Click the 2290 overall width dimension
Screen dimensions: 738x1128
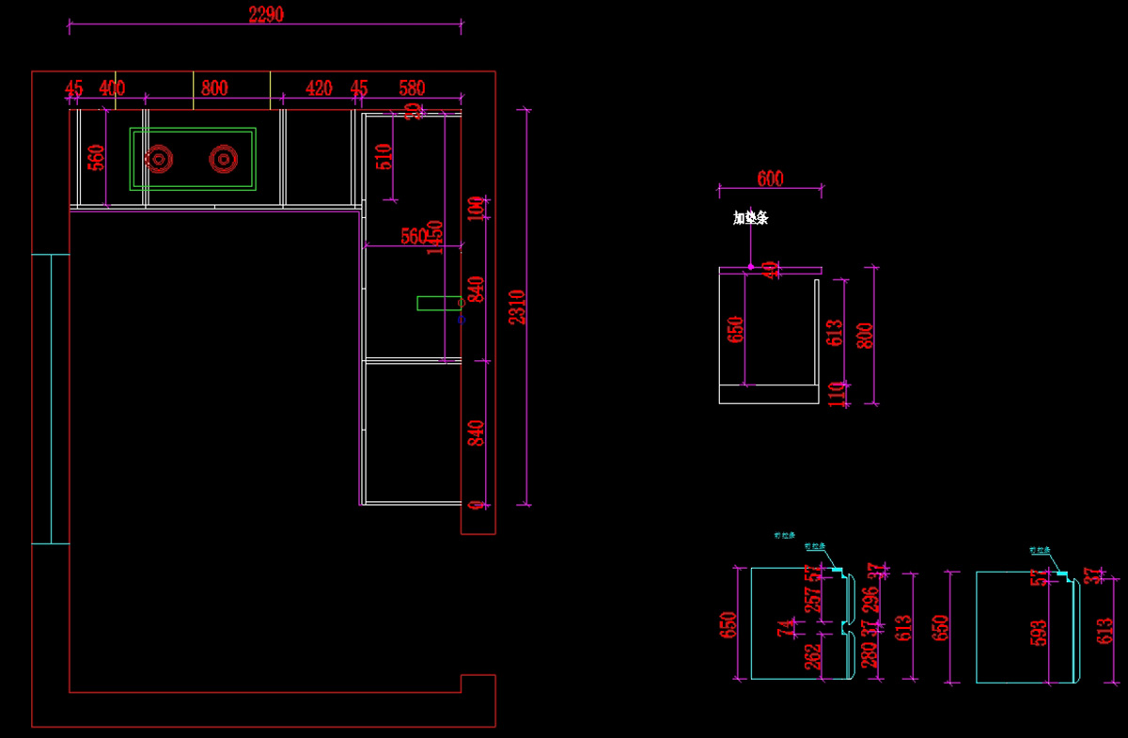[x=266, y=15]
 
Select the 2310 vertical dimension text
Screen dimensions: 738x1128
[x=517, y=306]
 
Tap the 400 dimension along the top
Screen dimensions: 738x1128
[x=112, y=88]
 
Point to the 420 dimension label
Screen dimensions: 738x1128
[x=320, y=88]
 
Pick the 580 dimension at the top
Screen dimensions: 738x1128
[x=412, y=88]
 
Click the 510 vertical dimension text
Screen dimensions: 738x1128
[x=384, y=156]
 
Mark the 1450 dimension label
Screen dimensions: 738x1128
[x=434, y=237]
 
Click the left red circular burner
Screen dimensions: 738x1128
[x=159, y=160]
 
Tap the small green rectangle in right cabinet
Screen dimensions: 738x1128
[x=438, y=303]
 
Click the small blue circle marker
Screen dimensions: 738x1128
[x=462, y=320]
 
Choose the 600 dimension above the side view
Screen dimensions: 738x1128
[x=770, y=179]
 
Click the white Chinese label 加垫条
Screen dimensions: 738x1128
[x=751, y=218]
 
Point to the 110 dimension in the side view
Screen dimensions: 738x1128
[x=837, y=394]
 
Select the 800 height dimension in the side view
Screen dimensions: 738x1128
[x=866, y=336]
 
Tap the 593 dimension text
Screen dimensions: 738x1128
[x=1037, y=633]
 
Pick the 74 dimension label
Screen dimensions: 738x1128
[x=784, y=628]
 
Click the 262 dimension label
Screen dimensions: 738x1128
[x=813, y=655]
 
